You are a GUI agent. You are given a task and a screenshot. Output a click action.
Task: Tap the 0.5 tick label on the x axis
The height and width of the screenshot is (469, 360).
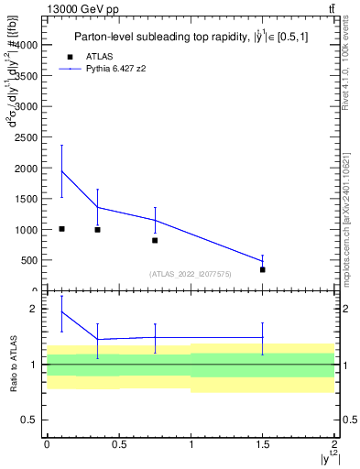(118, 444)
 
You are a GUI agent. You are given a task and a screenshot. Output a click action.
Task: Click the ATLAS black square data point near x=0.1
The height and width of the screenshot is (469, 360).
(61, 229)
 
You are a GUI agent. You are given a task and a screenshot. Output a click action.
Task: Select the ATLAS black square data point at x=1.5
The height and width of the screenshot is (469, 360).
(263, 269)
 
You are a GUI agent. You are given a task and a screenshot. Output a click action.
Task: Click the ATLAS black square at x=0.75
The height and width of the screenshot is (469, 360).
(155, 240)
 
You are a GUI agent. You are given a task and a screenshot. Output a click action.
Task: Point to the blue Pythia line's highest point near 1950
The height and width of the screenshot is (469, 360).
(61, 171)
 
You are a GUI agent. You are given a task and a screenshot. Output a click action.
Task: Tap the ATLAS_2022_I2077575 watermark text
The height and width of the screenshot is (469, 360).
(191, 274)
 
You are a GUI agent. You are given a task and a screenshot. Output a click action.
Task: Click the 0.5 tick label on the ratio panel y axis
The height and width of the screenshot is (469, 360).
(32, 420)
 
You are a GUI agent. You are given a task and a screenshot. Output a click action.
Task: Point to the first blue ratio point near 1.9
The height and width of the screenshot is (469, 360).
(61, 312)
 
